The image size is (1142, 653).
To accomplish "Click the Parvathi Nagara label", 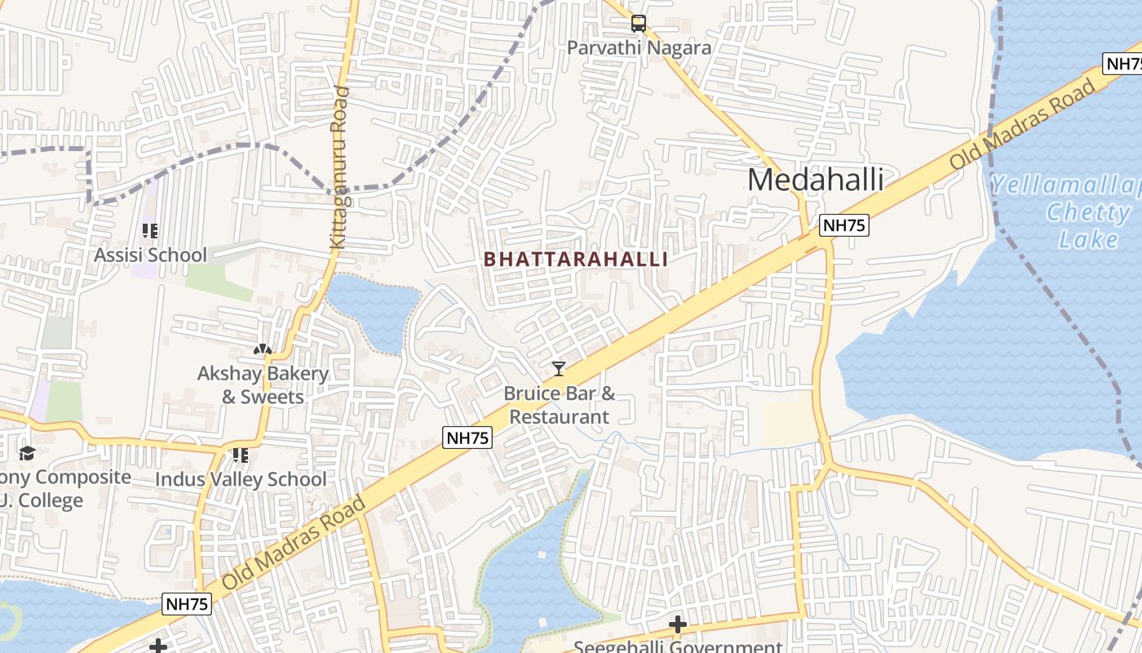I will point(639,48).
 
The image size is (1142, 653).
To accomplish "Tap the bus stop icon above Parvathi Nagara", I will point(639,24).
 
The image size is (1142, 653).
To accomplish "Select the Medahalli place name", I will point(815,180).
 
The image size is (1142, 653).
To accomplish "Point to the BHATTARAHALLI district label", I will point(576,260).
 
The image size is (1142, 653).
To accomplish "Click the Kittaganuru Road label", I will point(339,167).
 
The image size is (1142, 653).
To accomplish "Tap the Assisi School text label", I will point(150,255).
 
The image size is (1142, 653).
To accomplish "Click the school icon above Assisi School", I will point(150,231).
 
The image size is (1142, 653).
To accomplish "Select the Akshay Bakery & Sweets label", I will point(263,385).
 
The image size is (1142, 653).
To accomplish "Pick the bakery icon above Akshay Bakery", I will point(263,349).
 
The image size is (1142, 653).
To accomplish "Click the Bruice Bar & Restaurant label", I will point(560,405).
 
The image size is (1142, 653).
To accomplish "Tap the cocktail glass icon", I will point(559,369).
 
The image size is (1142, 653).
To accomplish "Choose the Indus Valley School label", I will point(241,479).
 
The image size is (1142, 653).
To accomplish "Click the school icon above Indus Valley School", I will point(240,455).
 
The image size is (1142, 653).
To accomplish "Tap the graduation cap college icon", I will point(28,453).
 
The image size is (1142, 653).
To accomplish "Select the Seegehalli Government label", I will point(677,646).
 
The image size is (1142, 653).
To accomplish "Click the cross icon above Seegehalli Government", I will point(677,625).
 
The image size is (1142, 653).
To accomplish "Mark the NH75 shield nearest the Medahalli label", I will point(843,225).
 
